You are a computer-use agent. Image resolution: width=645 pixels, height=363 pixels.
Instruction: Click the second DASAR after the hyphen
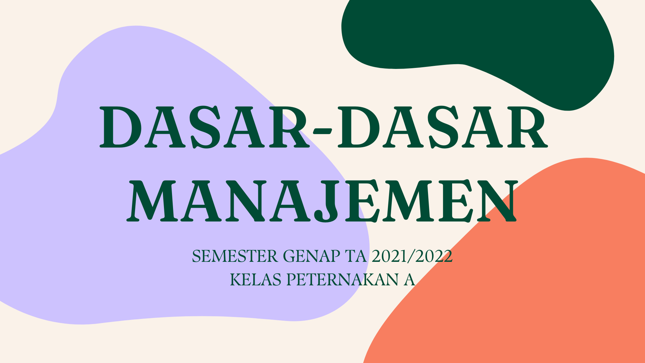click(x=443, y=127)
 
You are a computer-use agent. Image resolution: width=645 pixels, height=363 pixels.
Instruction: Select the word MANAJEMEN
click(x=322, y=201)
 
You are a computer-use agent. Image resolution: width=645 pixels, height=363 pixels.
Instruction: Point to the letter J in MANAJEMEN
click(x=326, y=201)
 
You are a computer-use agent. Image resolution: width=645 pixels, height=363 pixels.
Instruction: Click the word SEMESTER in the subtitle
click(x=235, y=256)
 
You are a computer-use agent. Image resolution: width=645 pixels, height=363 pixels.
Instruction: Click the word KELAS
click(x=256, y=280)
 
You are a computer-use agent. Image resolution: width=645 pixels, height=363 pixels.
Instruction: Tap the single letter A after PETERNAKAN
click(x=409, y=280)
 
